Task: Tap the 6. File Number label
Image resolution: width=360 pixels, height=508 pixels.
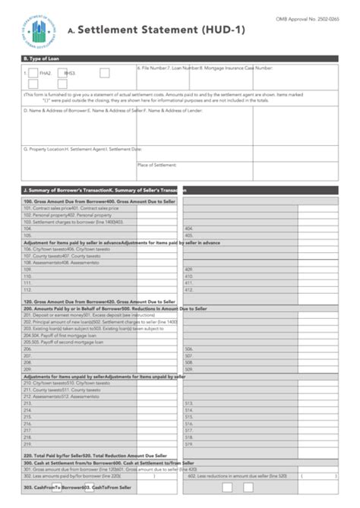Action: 152,68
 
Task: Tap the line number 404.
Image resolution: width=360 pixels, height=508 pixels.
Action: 189,228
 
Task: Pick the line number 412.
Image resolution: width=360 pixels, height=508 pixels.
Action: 189,289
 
